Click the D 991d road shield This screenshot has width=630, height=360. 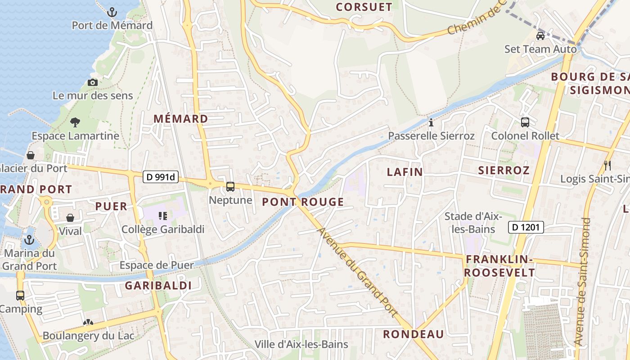coord(161,177)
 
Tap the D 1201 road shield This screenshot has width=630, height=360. coord(526,228)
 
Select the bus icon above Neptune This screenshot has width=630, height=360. coord(230,187)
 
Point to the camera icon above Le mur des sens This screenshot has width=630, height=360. coord(93,82)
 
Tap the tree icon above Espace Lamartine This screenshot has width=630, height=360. coord(75,122)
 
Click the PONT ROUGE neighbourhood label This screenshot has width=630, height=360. coord(303,202)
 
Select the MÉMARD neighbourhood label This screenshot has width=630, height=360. coord(181,119)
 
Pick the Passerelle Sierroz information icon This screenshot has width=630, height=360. coord(431,122)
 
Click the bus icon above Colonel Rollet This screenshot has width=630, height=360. coord(525,122)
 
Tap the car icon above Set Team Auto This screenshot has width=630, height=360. coord(540,36)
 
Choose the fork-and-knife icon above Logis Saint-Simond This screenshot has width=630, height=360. coord(607,165)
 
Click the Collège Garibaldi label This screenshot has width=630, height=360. coord(163,229)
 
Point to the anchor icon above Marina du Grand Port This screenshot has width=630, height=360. coord(30,239)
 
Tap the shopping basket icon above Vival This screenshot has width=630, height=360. coord(70,218)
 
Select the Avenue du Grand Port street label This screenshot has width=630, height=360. coord(358,272)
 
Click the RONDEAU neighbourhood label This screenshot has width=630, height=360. coord(413,334)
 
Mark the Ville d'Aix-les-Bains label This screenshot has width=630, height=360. coord(301,345)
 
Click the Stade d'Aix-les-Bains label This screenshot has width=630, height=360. coord(473,223)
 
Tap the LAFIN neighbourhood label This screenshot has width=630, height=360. coord(405,172)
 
